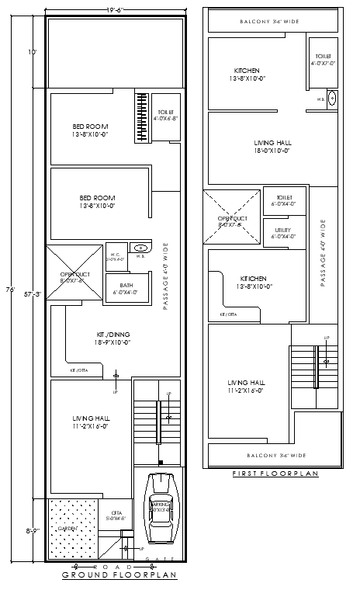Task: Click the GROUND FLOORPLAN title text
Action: click(x=119, y=575)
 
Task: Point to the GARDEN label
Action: click(x=67, y=528)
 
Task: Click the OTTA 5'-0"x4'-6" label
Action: click(x=116, y=515)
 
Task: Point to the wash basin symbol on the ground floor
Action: click(x=140, y=248)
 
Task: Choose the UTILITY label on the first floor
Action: click(x=282, y=233)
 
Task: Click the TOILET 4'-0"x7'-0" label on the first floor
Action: click(x=323, y=60)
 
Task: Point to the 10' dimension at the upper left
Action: click(x=32, y=52)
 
